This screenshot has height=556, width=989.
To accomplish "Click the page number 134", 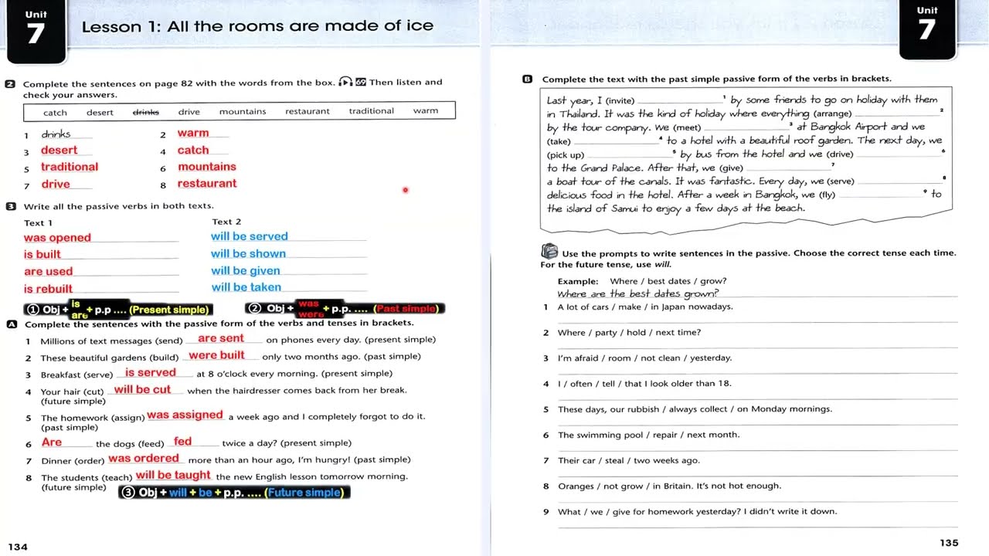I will (x=18, y=547).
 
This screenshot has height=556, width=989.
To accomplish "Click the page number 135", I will (x=949, y=543).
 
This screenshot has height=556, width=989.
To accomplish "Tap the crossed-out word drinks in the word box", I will (x=145, y=112).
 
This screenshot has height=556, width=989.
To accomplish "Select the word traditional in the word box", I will (x=371, y=111).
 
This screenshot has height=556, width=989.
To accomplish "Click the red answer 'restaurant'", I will (x=207, y=184).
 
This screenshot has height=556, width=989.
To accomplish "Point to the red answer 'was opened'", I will (x=57, y=238).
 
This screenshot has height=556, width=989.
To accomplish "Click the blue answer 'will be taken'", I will (x=246, y=287).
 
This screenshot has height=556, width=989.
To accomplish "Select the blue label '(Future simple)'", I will (x=304, y=493).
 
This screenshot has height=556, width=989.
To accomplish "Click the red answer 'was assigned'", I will (x=185, y=415).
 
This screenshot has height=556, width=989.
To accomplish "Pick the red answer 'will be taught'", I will (x=173, y=476).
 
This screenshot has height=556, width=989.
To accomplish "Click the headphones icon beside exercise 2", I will (x=345, y=82).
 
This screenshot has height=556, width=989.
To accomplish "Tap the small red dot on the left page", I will (x=405, y=190).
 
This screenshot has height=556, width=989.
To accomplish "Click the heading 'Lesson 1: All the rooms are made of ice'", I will (x=257, y=26).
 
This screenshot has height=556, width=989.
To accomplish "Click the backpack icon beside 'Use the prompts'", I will (x=549, y=252).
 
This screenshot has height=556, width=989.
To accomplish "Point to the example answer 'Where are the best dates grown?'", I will (x=637, y=293).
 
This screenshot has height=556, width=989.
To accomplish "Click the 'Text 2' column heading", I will (x=226, y=222).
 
